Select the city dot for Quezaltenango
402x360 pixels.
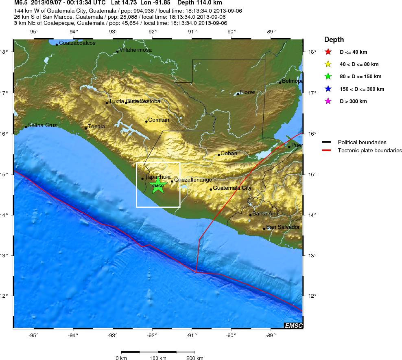tap(172, 181)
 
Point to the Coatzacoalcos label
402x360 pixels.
tap(77, 43)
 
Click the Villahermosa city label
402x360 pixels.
tap(135, 50)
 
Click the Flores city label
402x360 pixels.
tap(247, 92)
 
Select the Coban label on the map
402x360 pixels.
tap(229, 154)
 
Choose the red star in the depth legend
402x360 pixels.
tap(328, 52)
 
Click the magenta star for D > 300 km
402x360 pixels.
tap(328, 101)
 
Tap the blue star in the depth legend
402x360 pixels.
tap(328, 89)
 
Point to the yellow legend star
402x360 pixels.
tap(328, 64)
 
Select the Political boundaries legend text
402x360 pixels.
tap(362, 142)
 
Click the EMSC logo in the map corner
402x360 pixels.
tap(293, 325)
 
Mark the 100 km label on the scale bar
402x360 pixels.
tap(158, 358)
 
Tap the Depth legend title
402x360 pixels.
tap(334, 40)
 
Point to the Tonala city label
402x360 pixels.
tap(96, 126)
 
